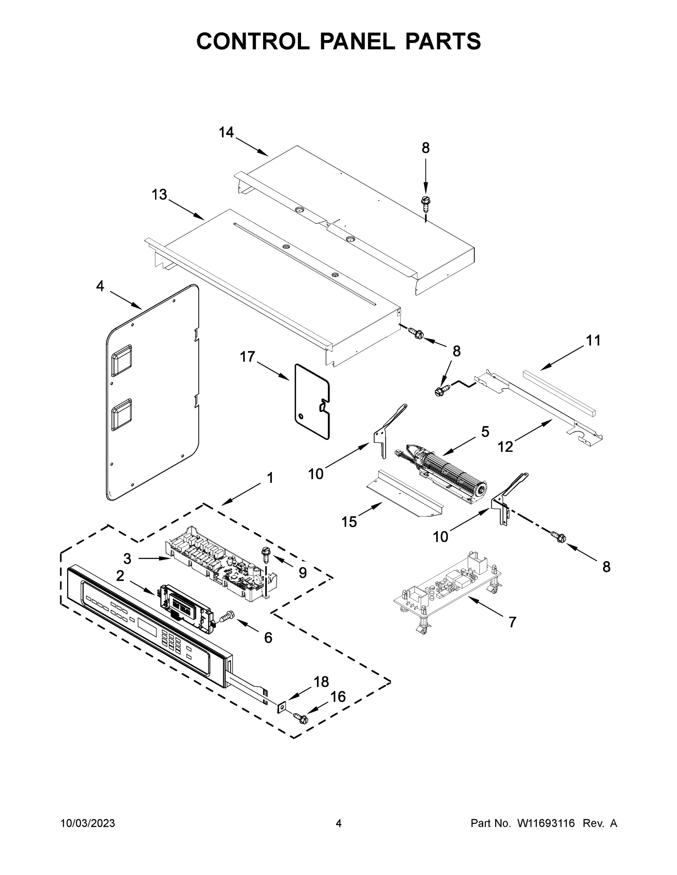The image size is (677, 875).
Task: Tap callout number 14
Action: click(226, 132)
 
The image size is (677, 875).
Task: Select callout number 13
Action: click(159, 195)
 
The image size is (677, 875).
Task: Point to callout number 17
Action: click(247, 357)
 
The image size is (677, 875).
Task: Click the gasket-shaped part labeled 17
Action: click(312, 402)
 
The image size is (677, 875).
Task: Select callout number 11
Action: click(593, 341)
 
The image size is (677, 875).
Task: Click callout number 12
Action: click(505, 446)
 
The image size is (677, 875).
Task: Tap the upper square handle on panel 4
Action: click(122, 359)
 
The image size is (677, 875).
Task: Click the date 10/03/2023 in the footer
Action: click(88, 823)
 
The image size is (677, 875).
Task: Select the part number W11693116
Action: click(546, 823)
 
